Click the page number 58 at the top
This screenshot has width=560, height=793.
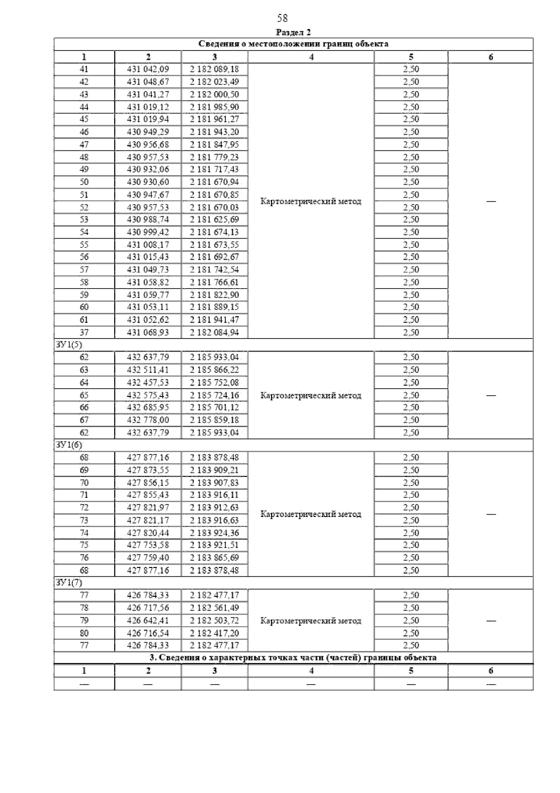click(282, 18)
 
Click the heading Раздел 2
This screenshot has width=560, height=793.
click(293, 32)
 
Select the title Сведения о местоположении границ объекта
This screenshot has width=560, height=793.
click(294, 44)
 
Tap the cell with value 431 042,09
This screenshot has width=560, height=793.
click(148, 69)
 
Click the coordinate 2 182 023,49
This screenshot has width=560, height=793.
click(214, 82)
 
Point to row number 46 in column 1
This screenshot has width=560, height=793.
click(84, 132)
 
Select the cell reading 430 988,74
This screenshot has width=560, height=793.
click(148, 219)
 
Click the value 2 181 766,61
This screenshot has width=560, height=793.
click(214, 282)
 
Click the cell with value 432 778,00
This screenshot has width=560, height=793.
click(148, 420)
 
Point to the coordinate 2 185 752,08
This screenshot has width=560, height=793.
click(214, 382)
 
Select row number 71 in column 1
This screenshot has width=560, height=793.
click(84, 495)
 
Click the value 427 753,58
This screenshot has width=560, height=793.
click(148, 545)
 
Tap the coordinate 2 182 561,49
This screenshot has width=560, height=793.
click(214, 608)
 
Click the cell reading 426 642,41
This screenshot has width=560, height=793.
click(148, 620)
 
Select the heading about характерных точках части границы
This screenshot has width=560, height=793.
click(293, 658)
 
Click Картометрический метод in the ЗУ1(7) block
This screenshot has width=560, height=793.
click(311, 621)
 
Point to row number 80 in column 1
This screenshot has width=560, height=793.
click(84, 633)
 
